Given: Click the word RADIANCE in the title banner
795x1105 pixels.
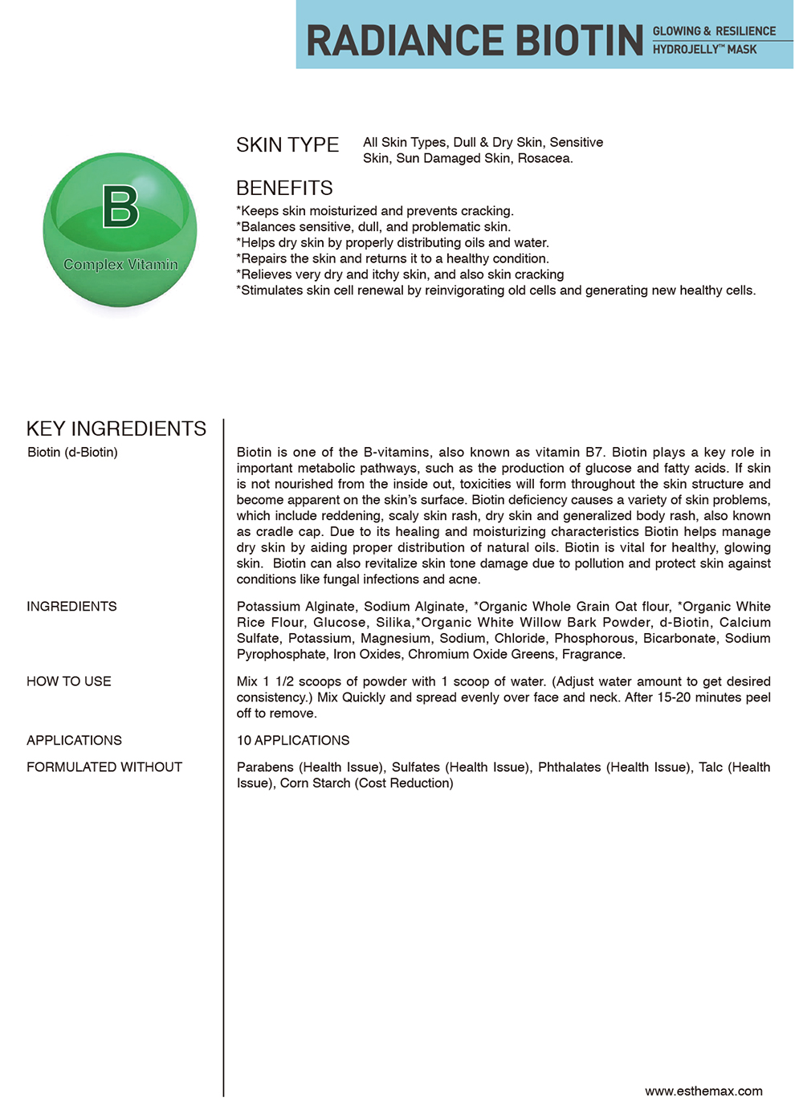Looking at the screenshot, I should (x=405, y=41).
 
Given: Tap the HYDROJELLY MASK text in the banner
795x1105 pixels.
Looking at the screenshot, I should (x=704, y=50).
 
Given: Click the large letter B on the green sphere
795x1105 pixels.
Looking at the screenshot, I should (x=120, y=206).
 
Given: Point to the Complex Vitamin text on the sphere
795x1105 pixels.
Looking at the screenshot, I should (x=120, y=265).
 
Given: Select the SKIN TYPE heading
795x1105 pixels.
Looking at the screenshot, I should (x=287, y=145).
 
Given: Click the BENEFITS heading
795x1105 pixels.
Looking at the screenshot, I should (x=284, y=189).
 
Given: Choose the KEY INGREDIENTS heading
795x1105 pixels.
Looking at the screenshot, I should (x=116, y=429).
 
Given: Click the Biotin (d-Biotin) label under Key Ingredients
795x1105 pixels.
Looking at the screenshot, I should (x=72, y=453).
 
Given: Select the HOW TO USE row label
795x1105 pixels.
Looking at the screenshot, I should (x=69, y=681).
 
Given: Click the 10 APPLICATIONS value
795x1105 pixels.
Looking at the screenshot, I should (x=293, y=741).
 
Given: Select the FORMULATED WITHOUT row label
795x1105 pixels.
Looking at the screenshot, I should (x=104, y=767).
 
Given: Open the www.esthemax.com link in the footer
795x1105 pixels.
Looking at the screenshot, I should (x=703, y=1091).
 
